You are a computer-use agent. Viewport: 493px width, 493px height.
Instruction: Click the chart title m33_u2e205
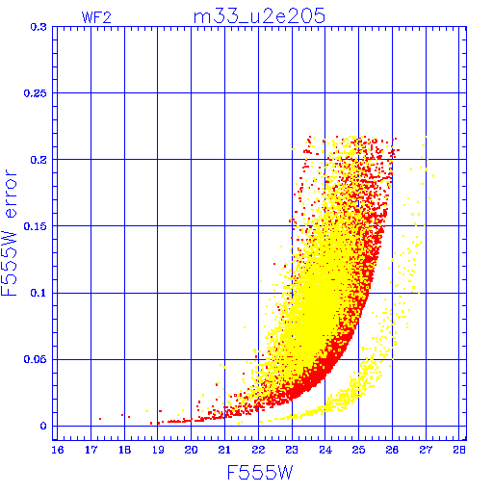tap(259, 16)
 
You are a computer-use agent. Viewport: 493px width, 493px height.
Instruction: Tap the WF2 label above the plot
tap(96, 17)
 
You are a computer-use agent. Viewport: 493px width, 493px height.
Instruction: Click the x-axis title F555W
tap(260, 473)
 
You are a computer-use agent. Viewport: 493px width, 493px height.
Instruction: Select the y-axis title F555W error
tap(10, 233)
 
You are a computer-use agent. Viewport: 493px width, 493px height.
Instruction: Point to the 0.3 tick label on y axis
tap(39, 27)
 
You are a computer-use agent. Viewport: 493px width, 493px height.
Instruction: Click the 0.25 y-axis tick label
tap(35, 93)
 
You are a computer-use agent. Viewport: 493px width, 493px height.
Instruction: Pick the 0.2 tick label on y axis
tap(39, 160)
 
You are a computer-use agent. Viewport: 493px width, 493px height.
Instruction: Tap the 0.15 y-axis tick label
tap(35, 226)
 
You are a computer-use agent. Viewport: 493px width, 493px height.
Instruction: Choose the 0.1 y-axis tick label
tap(39, 293)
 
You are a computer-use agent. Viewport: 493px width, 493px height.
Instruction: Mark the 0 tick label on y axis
tap(43, 427)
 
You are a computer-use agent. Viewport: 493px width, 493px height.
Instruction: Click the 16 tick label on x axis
tap(58, 450)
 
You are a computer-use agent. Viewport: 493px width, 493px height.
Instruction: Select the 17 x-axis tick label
tap(91, 450)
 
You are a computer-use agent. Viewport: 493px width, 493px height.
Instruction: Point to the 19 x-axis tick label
tap(158, 450)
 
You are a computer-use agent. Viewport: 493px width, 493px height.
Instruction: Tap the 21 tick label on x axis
tap(224, 450)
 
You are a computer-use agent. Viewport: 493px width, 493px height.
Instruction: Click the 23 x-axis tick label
tap(292, 450)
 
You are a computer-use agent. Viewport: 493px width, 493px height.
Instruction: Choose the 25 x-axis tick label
tap(358, 450)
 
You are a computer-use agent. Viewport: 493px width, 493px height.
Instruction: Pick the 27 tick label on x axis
tap(426, 450)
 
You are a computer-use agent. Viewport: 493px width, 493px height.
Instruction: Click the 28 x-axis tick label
tap(459, 450)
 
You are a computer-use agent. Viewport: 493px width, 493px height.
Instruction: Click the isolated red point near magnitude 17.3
tap(100, 419)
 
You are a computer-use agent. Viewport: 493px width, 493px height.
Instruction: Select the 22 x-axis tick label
tap(258, 450)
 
